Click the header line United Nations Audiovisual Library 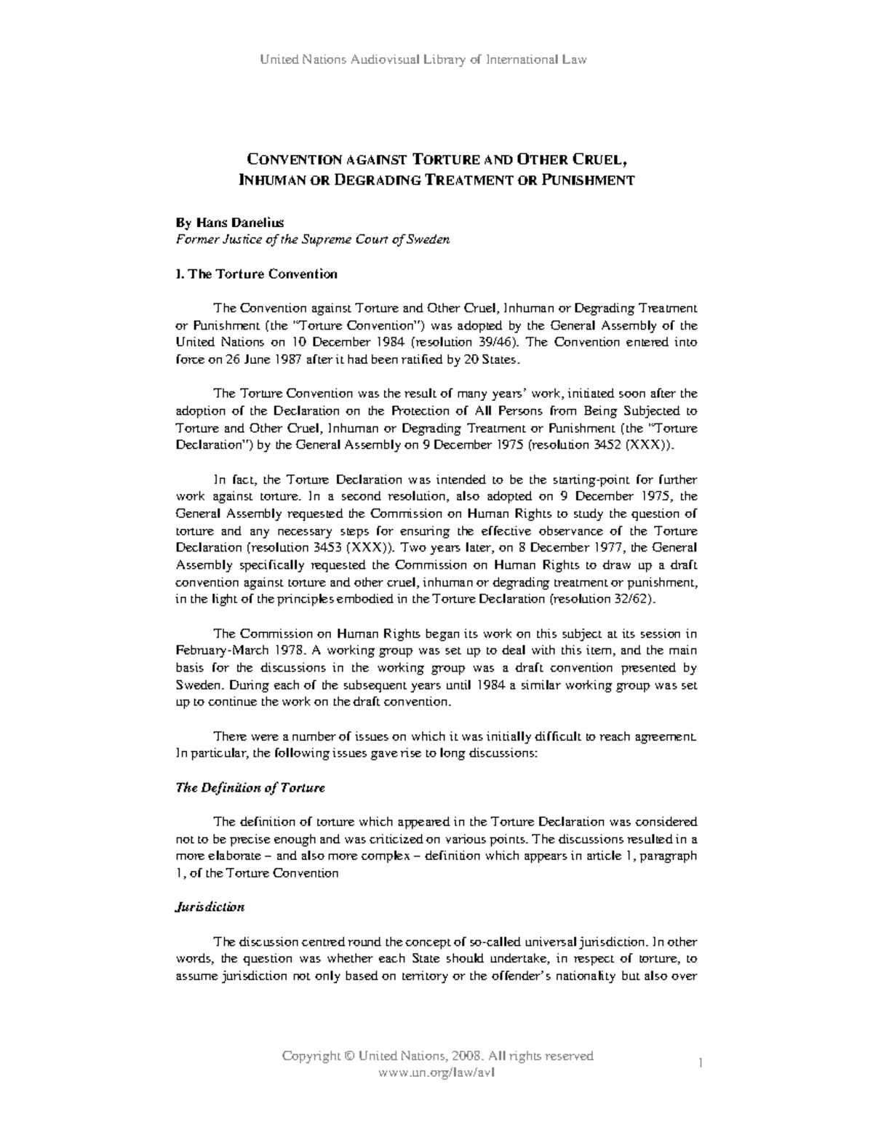(423, 60)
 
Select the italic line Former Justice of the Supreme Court (313, 239)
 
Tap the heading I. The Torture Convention (257, 274)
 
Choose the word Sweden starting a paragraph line (196, 685)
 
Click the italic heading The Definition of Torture (250, 788)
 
